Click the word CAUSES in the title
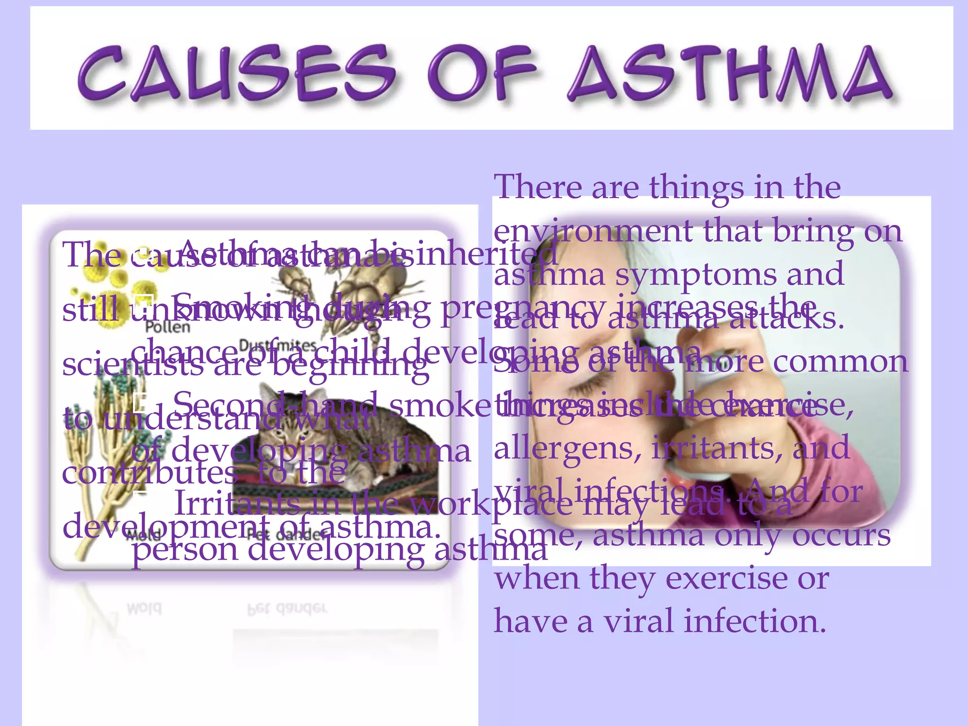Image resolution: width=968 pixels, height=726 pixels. (x=236, y=73)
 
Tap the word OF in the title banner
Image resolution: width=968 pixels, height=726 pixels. (x=482, y=73)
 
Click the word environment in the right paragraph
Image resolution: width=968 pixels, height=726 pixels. (x=593, y=232)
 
